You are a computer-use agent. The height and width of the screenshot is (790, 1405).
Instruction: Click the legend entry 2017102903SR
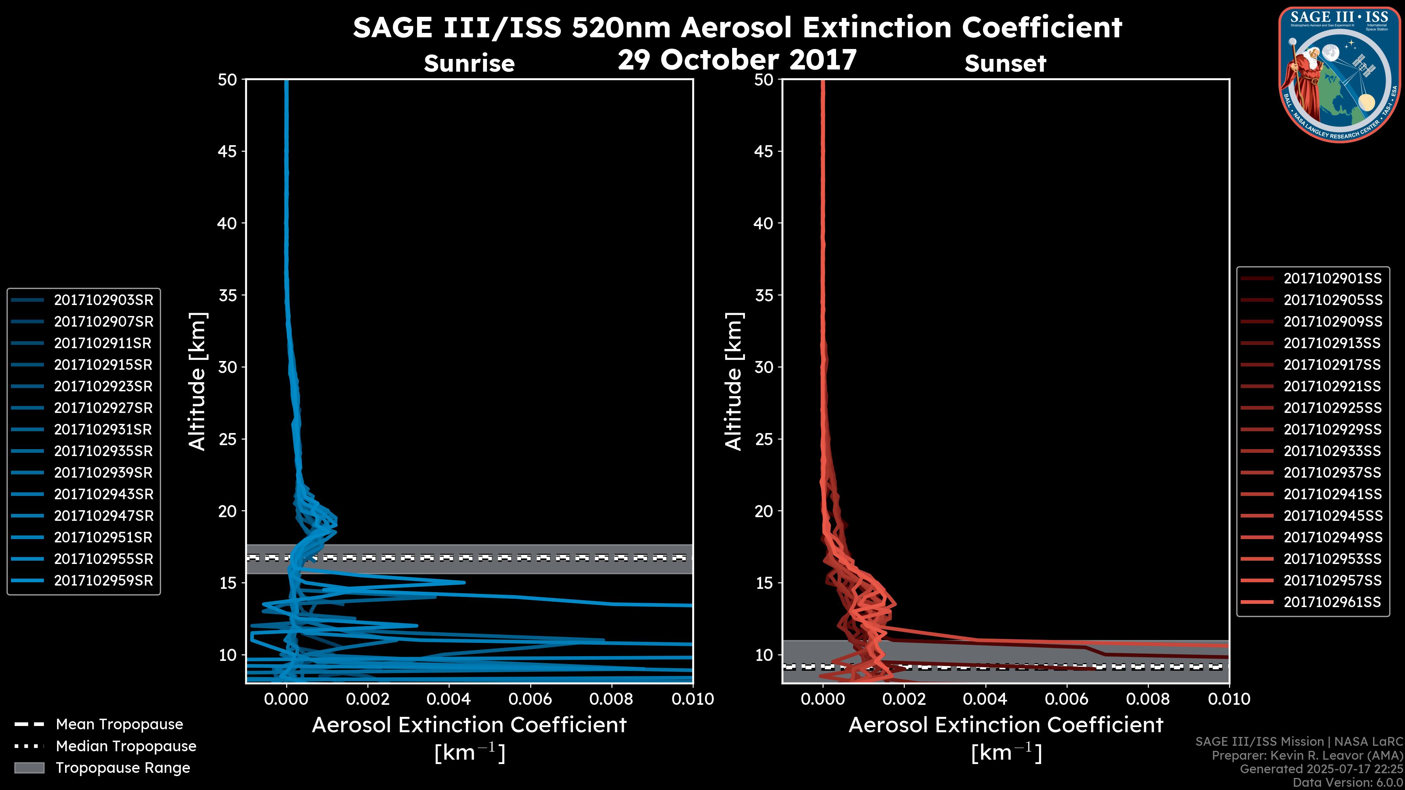103,300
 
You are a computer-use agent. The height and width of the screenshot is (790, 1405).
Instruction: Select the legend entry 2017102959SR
103,581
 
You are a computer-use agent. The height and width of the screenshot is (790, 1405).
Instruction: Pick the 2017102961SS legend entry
1331,602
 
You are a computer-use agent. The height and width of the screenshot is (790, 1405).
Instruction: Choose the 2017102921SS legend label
1332,387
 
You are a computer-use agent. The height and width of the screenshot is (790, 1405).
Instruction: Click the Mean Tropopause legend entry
119,725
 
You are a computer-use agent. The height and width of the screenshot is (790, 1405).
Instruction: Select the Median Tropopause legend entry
125,746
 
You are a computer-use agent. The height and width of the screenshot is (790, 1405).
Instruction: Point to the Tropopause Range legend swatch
29,768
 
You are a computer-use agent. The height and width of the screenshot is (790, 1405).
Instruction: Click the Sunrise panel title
469,64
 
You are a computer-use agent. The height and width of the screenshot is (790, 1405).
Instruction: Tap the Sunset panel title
1005,64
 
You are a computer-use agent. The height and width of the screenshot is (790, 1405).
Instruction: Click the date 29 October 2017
737,60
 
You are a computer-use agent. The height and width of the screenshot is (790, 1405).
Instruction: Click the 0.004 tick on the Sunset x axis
986,699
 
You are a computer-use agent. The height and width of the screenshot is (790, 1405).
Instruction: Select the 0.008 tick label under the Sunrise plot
611,699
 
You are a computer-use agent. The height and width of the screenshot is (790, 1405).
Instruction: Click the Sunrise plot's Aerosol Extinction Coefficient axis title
469,725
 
